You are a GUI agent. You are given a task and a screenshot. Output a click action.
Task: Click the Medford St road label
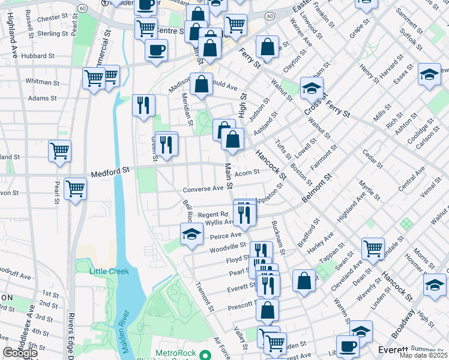click(110, 173)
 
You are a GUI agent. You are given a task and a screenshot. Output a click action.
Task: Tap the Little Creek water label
click(109, 271)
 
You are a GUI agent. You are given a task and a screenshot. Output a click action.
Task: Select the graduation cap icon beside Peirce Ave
click(191, 235)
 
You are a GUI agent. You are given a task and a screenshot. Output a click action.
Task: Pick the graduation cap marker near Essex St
click(429, 75)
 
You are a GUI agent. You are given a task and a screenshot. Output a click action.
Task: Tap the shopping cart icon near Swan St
click(373, 248)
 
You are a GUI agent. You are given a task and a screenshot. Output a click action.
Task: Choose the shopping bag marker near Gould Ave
click(202, 85)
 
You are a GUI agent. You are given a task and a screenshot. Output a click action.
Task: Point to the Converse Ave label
click(203, 189)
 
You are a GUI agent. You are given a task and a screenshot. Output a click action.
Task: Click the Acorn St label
click(247, 173)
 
